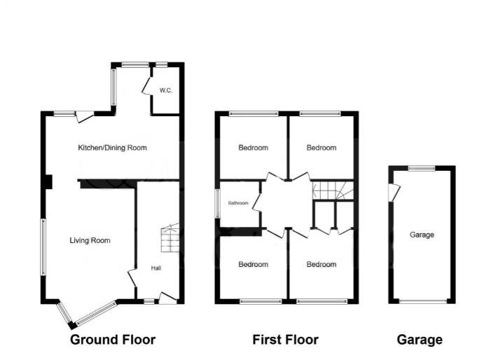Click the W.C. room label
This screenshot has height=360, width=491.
pyautogui.click(x=165, y=90)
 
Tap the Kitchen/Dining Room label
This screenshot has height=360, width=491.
pyautogui.click(x=112, y=148)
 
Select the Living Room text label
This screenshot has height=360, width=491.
pyautogui.click(x=90, y=240)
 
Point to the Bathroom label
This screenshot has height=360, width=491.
pyautogui.click(x=237, y=203)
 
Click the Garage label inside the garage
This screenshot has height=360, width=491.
pyautogui.click(x=422, y=235)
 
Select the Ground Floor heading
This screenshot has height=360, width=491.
pyautogui.click(x=113, y=340)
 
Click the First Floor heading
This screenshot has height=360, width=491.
pyautogui.click(x=285, y=340)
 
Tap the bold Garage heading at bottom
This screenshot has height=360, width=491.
pyautogui.click(x=420, y=340)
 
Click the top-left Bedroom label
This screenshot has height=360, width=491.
pyautogui.click(x=253, y=148)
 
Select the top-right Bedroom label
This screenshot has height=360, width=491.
pyautogui.click(x=321, y=148)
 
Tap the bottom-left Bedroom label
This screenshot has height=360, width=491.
pyautogui.click(x=253, y=265)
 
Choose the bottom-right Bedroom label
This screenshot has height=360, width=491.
pyautogui.click(x=321, y=265)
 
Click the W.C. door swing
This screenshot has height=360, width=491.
pyautogui.click(x=147, y=85)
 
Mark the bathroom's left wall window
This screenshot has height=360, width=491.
pyautogui.click(x=218, y=204)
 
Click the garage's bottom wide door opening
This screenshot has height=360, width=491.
pyautogui.click(x=422, y=301)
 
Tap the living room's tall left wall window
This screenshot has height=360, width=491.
pyautogui.click(x=43, y=247)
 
